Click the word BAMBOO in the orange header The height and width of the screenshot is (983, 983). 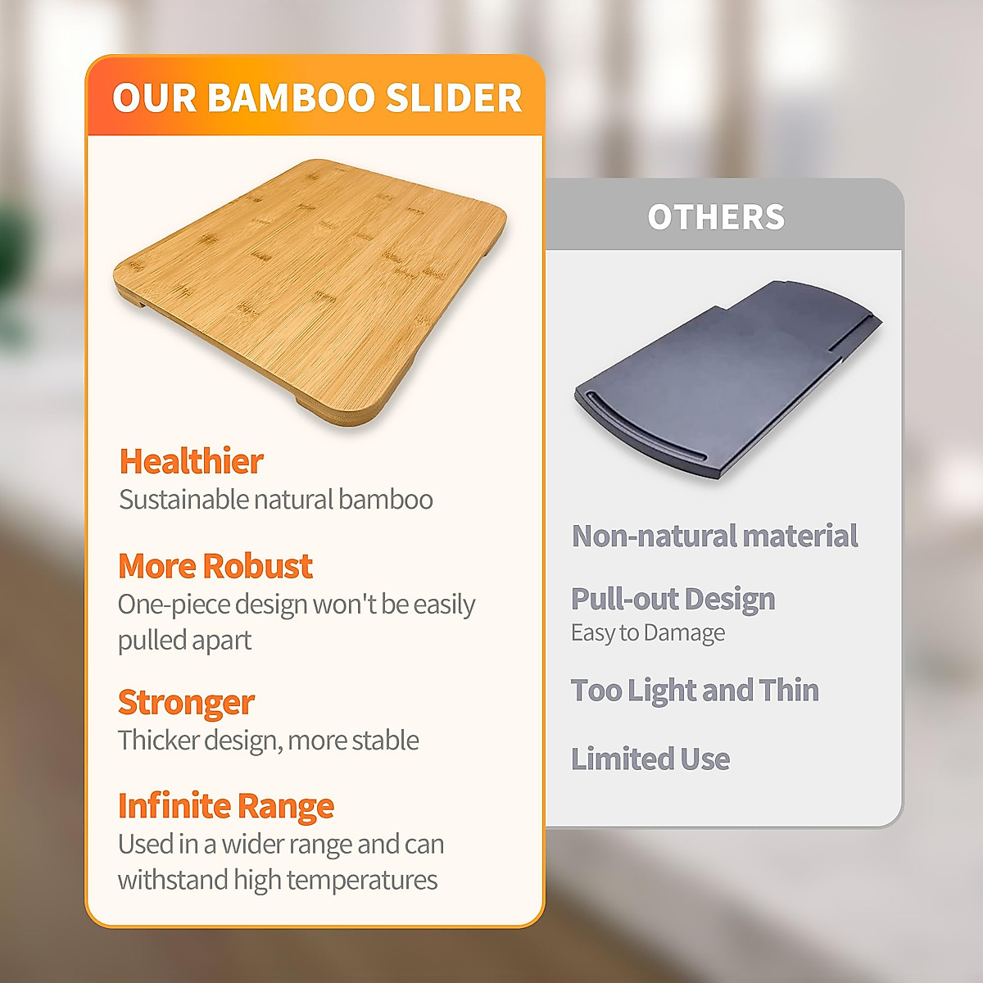tap(291, 97)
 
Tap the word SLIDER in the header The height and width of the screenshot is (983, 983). tap(454, 97)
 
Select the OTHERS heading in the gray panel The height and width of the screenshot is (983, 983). tap(716, 217)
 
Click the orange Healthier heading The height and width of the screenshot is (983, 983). tap(192, 461)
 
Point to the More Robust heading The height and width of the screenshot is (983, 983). tap(215, 566)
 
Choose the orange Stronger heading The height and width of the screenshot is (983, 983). tap(186, 703)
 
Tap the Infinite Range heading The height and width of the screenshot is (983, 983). tap(226, 807)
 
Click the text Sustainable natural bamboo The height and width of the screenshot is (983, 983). tap(276, 499)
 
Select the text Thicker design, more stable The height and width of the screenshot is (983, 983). tap(269, 741)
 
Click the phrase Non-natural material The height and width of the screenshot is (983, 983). tap(714, 536)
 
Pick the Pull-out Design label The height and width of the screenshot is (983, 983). tap(673, 599)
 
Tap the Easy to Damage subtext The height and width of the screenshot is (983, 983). tap(648, 633)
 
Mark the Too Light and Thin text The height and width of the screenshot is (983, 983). tap(695, 691)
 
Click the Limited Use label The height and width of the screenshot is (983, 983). tap(650, 759)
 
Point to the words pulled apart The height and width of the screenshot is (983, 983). tap(184, 641)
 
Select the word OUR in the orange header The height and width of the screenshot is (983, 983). tap(154, 97)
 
